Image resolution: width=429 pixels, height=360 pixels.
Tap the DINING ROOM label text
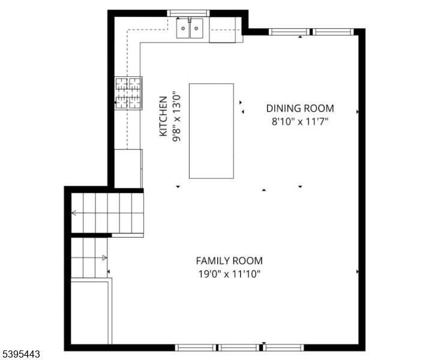click(300, 108)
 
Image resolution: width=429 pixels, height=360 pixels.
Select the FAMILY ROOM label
click(229, 260)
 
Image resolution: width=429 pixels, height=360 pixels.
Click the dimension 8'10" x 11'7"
click(300, 121)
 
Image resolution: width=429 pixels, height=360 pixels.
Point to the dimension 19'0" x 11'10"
click(229, 274)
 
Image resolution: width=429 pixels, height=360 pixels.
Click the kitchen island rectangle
click(211, 131)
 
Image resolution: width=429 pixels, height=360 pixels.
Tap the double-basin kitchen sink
click(190, 28)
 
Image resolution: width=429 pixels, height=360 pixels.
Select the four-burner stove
click(129, 94)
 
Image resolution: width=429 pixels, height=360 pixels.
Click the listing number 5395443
click(20, 355)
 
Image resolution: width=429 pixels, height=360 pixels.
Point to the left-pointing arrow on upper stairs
click(74, 212)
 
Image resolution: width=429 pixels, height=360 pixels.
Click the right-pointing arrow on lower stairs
click(104, 258)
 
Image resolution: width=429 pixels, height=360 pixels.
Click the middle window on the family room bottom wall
click(239, 347)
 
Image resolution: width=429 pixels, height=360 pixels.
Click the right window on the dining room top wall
click(334, 32)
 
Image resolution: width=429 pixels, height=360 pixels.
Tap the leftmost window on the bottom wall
click(196, 347)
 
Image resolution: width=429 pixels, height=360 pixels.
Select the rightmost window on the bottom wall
click(284, 347)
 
